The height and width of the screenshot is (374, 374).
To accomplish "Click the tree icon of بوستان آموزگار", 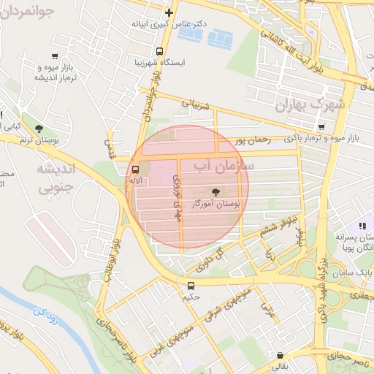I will pyautogui.click(x=215, y=191).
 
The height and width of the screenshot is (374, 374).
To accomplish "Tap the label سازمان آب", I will pyautogui.click(x=224, y=167).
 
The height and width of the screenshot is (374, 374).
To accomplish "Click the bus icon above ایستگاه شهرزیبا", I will pyautogui.click(x=159, y=51).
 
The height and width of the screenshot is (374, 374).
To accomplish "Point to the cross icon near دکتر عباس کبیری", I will pyautogui.click(x=169, y=12).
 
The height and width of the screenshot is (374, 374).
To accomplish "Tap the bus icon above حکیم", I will pyautogui.click(x=191, y=286).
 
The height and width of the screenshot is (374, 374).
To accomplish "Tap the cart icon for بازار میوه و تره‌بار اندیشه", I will pyautogui.click(x=55, y=56).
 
